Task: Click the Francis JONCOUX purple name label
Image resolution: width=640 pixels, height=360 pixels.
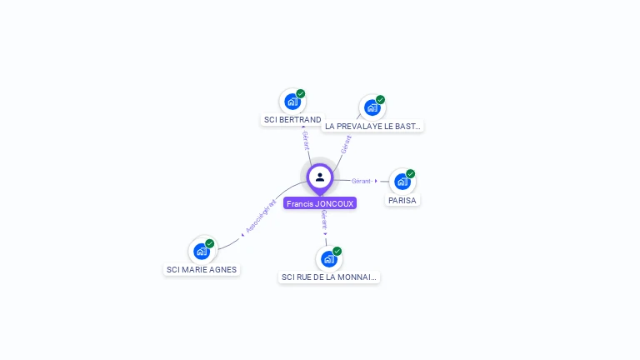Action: (x=320, y=203)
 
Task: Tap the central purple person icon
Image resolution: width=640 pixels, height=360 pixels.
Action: (x=320, y=177)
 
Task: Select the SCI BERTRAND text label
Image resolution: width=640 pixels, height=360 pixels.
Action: (x=292, y=120)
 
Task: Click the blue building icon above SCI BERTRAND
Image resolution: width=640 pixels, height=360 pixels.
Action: (x=292, y=102)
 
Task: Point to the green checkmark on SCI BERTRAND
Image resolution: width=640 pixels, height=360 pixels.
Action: (x=301, y=93)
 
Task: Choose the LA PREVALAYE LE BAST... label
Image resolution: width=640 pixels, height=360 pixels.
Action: (x=372, y=127)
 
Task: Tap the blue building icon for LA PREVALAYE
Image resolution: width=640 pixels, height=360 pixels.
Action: (x=372, y=107)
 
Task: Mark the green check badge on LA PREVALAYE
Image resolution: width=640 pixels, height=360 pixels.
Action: (x=381, y=100)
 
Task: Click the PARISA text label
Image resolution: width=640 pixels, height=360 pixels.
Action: (x=402, y=201)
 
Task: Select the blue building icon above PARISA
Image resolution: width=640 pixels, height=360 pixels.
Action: (x=402, y=182)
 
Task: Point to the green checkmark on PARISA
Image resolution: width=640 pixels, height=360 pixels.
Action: (x=411, y=173)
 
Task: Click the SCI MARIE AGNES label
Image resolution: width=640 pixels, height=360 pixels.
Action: (x=202, y=270)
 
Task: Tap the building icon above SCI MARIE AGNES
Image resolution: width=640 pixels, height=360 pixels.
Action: (x=201, y=251)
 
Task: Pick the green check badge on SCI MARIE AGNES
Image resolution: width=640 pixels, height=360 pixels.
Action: (x=210, y=243)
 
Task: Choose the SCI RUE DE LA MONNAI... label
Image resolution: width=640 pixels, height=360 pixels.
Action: (x=329, y=277)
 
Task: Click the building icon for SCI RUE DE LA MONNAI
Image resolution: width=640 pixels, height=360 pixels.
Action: (x=328, y=259)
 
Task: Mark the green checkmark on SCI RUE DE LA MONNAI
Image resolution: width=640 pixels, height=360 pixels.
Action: (x=337, y=251)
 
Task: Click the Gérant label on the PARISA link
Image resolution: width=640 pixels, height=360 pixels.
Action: (x=362, y=181)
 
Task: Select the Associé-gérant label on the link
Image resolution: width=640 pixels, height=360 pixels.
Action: (x=261, y=217)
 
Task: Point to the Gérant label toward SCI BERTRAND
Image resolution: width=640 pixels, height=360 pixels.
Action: (x=306, y=140)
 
